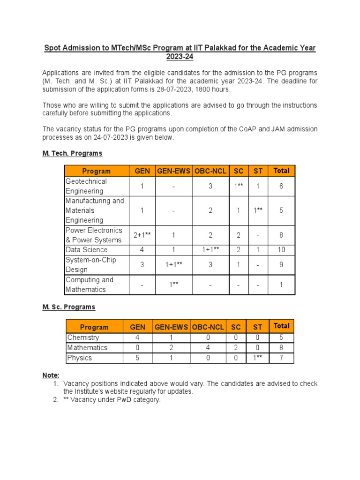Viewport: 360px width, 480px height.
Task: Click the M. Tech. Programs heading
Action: [72, 153]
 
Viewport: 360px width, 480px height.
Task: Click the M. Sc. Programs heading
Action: [69, 307]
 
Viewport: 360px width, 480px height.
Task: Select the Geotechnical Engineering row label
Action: [86, 186]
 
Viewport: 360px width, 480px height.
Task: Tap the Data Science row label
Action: [87, 250]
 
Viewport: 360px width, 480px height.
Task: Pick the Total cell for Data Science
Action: [281, 250]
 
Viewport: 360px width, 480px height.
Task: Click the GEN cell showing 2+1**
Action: [142, 235]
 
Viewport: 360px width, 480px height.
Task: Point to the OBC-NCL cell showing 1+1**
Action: [210, 250]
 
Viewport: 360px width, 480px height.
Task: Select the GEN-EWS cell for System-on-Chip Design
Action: [173, 265]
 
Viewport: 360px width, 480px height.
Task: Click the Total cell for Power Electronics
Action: [281, 235]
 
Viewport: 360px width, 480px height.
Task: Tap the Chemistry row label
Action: [83, 337]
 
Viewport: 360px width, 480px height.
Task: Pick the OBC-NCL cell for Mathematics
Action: [208, 348]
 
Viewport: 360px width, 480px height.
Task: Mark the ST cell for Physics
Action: [258, 358]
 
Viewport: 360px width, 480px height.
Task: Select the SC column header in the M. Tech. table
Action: [239, 171]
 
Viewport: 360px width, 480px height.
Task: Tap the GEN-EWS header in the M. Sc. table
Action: [171, 327]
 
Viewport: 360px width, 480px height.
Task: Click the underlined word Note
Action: [51, 375]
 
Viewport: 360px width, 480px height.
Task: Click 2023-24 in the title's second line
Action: [180, 57]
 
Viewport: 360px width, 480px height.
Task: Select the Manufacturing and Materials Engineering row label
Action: [95, 210]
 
